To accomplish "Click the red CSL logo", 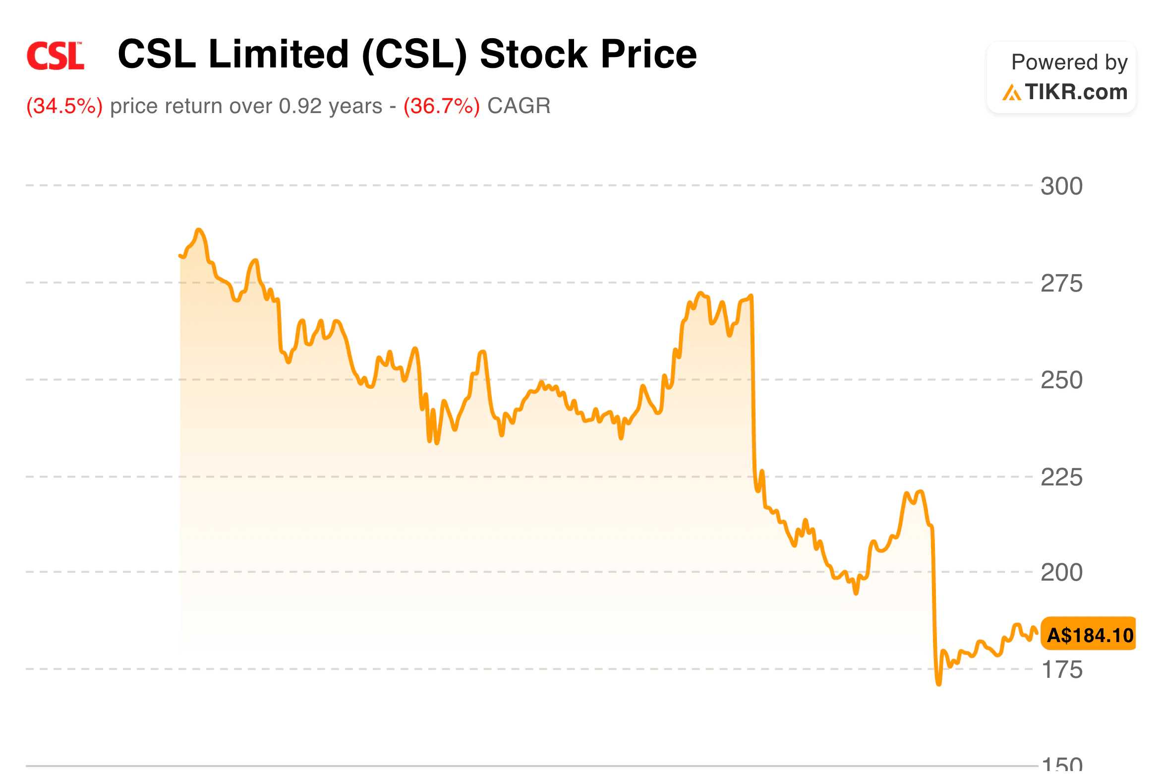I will tap(55, 56).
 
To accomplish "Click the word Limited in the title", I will tap(278, 54).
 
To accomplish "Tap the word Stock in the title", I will tap(533, 54).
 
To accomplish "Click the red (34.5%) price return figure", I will tap(64, 106).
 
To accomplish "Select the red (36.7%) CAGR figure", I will tap(442, 106).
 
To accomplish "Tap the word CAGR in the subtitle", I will tap(519, 106).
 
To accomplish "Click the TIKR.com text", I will tap(1076, 92).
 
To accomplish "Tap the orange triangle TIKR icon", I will tap(1011, 93).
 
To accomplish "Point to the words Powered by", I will tap(1069, 62).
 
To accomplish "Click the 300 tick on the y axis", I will tap(1061, 186).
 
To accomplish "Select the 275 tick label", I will tap(1061, 284).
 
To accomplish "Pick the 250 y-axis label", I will tap(1061, 380).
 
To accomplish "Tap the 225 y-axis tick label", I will tap(1061, 477).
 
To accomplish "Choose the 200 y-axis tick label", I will tap(1061, 573).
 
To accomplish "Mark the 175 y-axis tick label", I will tap(1061, 670).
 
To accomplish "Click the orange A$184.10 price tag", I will tap(1089, 635).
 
